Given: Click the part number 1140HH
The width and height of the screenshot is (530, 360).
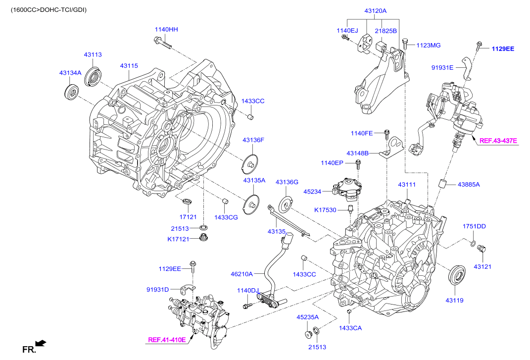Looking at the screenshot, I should click(x=166, y=30).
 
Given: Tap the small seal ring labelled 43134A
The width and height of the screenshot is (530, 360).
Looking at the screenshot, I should click(x=72, y=92).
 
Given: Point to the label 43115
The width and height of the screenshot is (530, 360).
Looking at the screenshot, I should click(x=129, y=65).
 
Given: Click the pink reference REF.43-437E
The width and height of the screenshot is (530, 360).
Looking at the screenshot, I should click(x=498, y=141).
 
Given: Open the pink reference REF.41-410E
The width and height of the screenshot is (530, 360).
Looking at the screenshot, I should click(x=167, y=340).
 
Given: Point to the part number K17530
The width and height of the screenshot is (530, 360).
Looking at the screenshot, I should click(x=325, y=210).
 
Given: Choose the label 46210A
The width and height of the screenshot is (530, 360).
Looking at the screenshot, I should click(x=241, y=273).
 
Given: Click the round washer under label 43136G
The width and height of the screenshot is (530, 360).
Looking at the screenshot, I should click(x=287, y=203).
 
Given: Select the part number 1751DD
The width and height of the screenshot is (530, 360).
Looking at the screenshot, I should click(x=474, y=226).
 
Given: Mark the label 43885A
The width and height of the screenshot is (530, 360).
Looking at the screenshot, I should click(x=469, y=184).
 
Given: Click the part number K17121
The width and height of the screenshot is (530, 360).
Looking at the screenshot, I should click(x=179, y=240).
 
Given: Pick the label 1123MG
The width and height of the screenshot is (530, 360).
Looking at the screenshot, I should click(x=428, y=45).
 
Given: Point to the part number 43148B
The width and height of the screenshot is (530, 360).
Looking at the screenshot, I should click(x=357, y=153).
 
